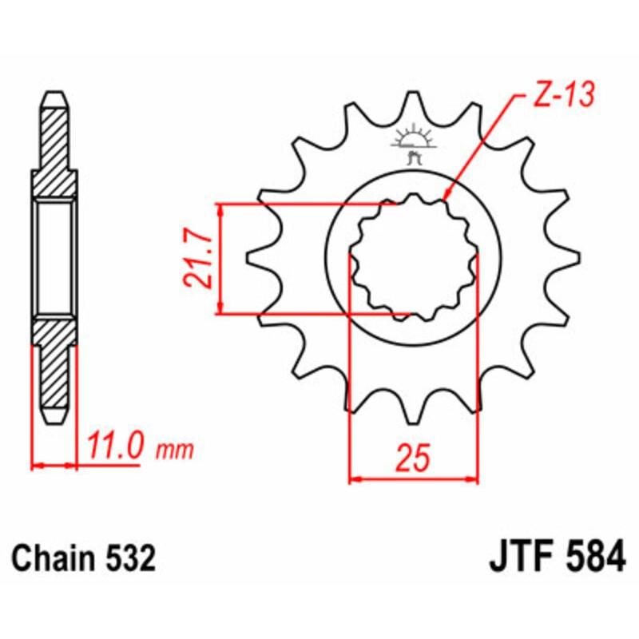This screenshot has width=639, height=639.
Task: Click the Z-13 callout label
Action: pyautogui.click(x=558, y=97)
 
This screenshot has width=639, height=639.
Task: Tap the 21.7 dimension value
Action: pyautogui.click(x=196, y=260)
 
